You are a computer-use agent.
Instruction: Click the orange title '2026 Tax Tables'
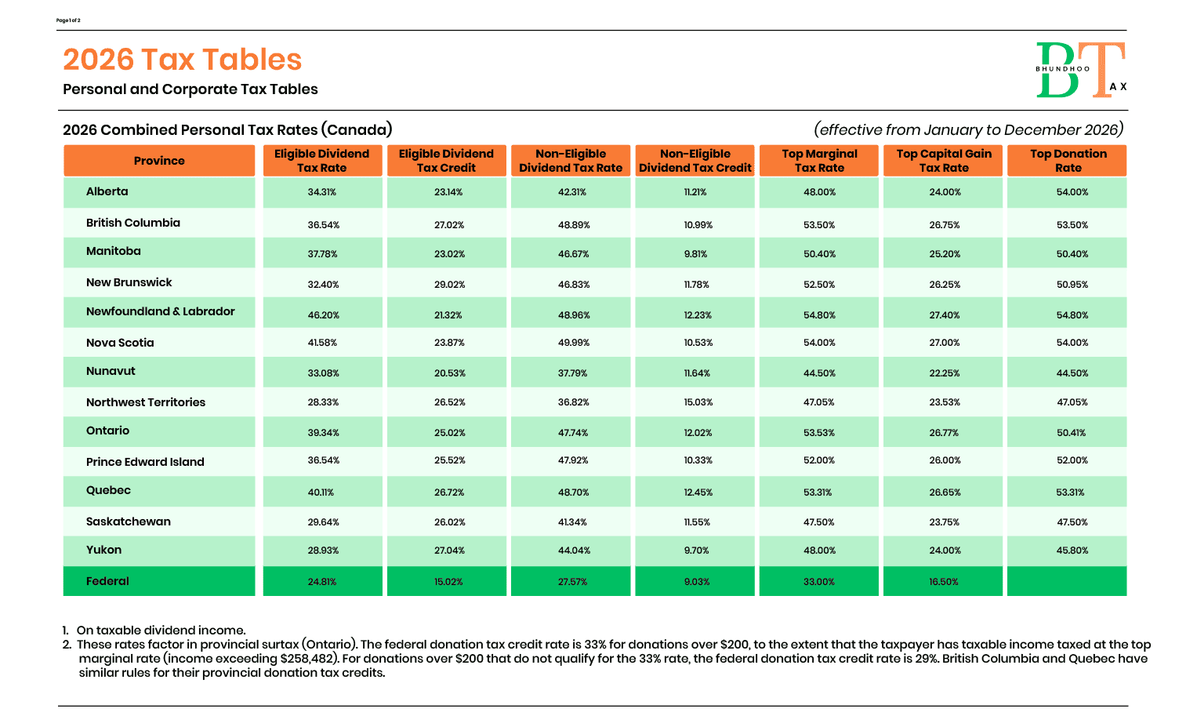pyautogui.click(x=182, y=60)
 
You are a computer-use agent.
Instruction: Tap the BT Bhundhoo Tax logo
pyautogui.click(x=1080, y=71)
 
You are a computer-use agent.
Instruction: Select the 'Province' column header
pyautogui.click(x=159, y=161)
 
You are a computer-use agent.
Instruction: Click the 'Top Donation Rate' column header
pyautogui.click(x=1068, y=161)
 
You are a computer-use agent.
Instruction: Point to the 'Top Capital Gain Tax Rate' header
pyautogui.click(x=944, y=161)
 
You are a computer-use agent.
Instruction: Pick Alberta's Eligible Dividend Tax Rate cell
pyautogui.click(x=322, y=192)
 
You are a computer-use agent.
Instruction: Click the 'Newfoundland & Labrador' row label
pyautogui.click(x=160, y=311)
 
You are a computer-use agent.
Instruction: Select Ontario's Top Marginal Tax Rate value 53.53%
pyautogui.click(x=819, y=433)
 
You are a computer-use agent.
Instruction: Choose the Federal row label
pyautogui.click(x=107, y=581)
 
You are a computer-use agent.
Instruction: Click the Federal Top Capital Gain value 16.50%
pyautogui.click(x=944, y=582)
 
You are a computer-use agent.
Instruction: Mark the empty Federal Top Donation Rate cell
pyautogui.click(x=1067, y=582)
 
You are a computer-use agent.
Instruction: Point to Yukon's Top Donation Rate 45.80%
pyautogui.click(x=1072, y=550)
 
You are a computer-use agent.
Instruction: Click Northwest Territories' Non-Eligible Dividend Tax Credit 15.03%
pyautogui.click(x=698, y=402)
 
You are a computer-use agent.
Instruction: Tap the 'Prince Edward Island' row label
pyautogui.click(x=145, y=462)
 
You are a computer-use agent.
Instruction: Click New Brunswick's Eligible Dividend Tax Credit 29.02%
pyautogui.click(x=449, y=285)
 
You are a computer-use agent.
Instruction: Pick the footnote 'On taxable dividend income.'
pyautogui.click(x=161, y=630)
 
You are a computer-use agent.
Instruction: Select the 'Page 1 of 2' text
pyautogui.click(x=68, y=20)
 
